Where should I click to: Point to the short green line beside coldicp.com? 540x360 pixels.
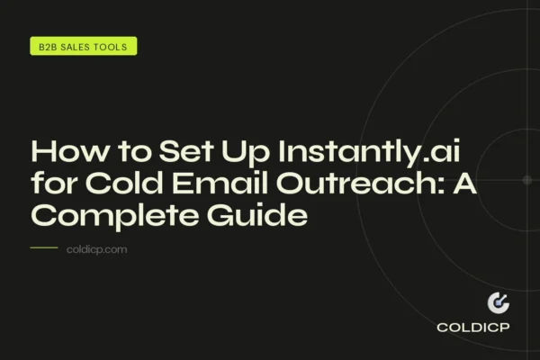pos(44,247)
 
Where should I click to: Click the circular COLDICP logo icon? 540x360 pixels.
pos(498,303)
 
